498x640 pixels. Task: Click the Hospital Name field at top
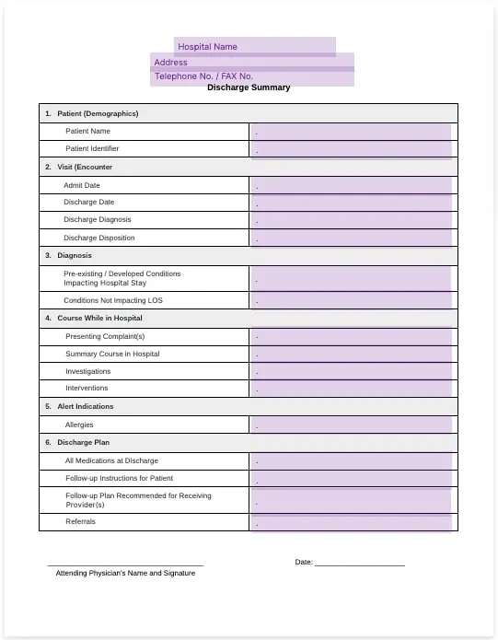point(254,46)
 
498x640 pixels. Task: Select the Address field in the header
point(251,62)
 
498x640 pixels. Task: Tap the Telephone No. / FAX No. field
point(251,76)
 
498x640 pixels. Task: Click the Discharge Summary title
point(249,87)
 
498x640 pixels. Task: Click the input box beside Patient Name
point(351,132)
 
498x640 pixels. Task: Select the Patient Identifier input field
point(351,149)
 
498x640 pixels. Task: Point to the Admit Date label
point(82,185)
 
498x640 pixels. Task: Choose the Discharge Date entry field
point(351,203)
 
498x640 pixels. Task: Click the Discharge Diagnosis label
point(97,219)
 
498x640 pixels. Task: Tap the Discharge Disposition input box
point(351,238)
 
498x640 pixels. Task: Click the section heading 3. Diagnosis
point(75,255)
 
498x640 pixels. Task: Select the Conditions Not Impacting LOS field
point(351,300)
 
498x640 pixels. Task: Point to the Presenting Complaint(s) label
point(105,336)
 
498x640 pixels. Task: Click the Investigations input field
point(351,371)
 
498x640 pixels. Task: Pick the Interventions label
point(87,388)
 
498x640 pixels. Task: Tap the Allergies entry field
point(351,425)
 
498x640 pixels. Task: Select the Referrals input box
point(351,522)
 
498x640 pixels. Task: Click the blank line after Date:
point(359,564)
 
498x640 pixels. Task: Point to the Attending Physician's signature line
point(125,564)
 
